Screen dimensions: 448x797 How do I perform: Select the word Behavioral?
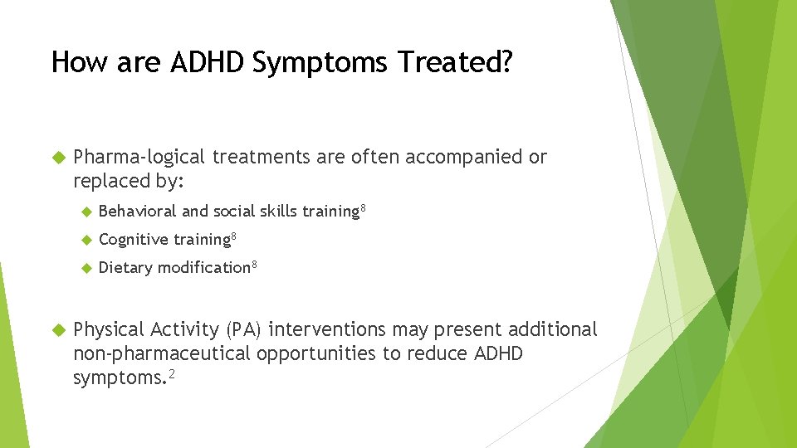click(x=137, y=212)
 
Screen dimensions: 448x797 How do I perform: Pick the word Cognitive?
click(x=134, y=240)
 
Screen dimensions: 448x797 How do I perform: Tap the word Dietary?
click(x=125, y=268)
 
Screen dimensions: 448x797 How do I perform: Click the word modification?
click(x=203, y=268)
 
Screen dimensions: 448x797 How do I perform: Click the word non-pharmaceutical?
click(x=162, y=353)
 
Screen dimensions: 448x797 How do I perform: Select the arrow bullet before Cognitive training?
click(x=86, y=240)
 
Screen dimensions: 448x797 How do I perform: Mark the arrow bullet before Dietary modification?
click(x=86, y=268)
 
